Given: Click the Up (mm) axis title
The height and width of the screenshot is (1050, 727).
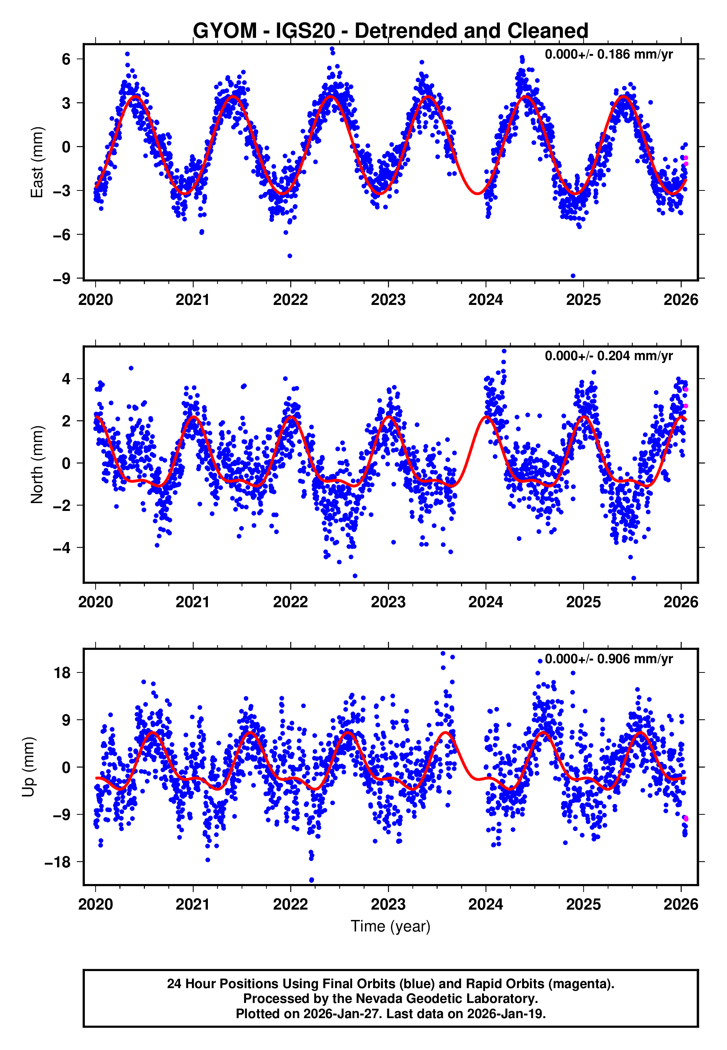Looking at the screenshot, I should click(28, 767).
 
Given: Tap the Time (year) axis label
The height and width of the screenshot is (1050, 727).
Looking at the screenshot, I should click(391, 926).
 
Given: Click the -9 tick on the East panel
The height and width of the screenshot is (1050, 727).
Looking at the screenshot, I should click(62, 278).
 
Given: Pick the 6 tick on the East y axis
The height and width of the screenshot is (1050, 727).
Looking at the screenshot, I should click(66, 59).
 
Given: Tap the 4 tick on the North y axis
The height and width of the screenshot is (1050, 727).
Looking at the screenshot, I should click(66, 379).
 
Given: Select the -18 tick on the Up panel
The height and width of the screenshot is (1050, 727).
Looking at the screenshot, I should click(57, 862).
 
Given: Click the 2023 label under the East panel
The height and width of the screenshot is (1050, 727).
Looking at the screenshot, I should click(388, 300).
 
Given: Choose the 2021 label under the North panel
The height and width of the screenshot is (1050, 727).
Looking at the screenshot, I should click(193, 602).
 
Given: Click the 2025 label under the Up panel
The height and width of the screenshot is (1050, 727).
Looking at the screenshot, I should click(583, 904).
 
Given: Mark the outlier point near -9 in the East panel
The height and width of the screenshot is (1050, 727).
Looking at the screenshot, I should click(573, 276).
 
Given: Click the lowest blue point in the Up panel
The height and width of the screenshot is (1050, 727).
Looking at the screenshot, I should click(312, 880).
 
